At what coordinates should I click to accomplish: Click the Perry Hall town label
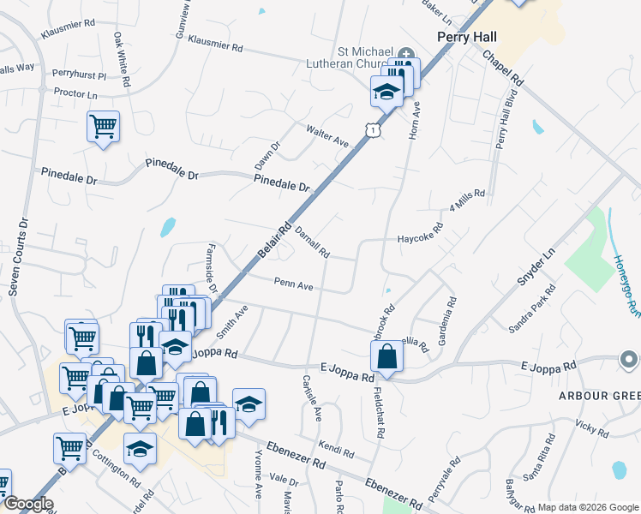click(x=467, y=37)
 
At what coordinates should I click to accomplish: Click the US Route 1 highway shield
click(x=372, y=129)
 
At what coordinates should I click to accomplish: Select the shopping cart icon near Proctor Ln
click(x=103, y=128)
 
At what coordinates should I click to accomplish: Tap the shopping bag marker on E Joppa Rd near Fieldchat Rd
click(x=387, y=356)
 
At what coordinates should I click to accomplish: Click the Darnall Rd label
click(x=312, y=242)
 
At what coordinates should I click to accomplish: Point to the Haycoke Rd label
click(x=419, y=239)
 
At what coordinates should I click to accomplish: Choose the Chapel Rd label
click(x=502, y=66)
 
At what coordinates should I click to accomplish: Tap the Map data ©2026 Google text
click(x=587, y=507)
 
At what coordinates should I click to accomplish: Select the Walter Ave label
click(x=327, y=135)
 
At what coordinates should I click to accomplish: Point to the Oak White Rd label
click(x=120, y=61)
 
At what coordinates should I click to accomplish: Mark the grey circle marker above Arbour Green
click(x=630, y=360)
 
